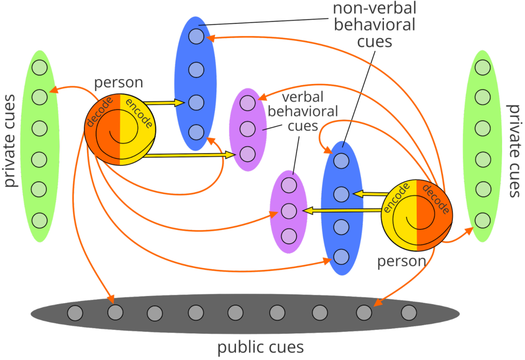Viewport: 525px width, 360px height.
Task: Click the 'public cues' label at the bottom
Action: coord(260,347)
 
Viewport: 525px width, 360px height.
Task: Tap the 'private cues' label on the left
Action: coord(10,141)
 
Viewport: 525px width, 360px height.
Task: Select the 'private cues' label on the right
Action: coord(514,151)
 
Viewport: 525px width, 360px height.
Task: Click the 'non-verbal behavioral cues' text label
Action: coord(374,25)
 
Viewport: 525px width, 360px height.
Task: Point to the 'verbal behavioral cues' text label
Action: coord(302,111)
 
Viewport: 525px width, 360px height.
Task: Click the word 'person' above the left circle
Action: coord(118,83)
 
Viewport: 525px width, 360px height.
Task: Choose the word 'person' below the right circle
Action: coord(401,261)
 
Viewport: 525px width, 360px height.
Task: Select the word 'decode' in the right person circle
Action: coord(435,198)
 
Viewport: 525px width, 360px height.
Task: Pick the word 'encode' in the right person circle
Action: coord(396,197)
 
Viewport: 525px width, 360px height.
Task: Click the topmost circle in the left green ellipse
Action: coord(40,67)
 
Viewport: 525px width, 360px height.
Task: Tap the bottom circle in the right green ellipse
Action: coord(482,221)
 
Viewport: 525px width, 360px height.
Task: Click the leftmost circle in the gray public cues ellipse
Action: coord(75,313)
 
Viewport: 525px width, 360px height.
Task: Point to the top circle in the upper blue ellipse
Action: coord(196,36)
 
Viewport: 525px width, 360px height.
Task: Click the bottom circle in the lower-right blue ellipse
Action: coord(341,257)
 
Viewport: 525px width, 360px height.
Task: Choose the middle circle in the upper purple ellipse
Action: coord(248,129)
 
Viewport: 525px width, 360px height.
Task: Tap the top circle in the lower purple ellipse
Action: coord(289,185)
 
